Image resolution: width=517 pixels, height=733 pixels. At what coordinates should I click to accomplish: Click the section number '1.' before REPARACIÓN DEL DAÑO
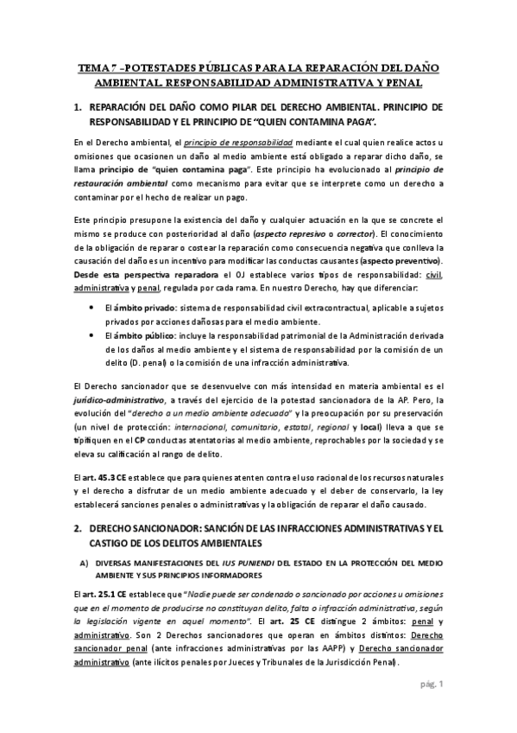pos(78,106)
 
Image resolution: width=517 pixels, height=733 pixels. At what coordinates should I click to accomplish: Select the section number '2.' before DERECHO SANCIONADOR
pos(78,527)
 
